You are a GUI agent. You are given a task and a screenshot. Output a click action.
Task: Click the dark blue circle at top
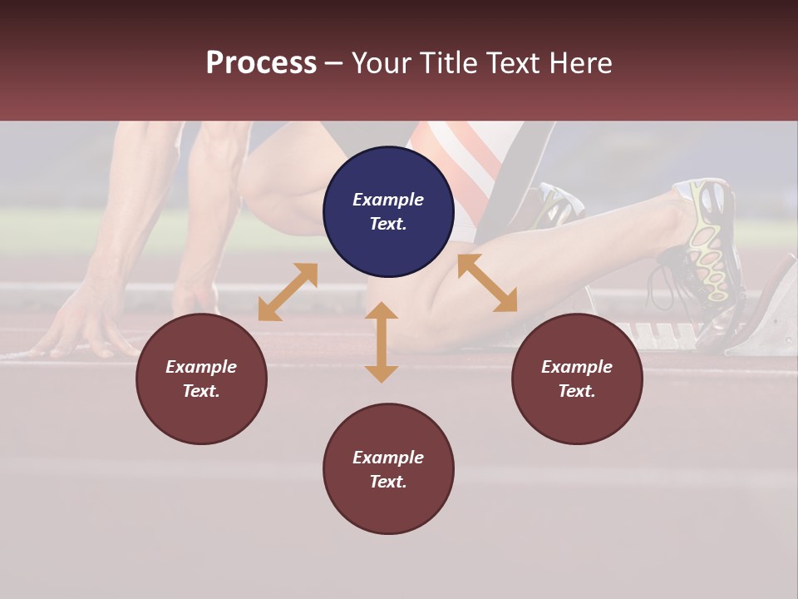(388, 211)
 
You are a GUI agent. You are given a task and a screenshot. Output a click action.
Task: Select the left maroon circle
(201, 379)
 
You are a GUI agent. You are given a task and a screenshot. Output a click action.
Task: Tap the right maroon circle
(577, 379)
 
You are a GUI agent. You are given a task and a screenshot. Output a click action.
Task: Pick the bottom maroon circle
(388, 468)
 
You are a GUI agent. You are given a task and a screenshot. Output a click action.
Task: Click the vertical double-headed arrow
(382, 342)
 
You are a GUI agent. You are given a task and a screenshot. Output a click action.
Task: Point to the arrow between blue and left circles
(288, 292)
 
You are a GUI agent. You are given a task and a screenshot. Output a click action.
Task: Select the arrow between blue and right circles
(487, 283)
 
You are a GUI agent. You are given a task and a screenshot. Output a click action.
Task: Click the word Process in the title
(261, 62)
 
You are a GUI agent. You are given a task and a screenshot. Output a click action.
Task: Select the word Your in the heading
(383, 62)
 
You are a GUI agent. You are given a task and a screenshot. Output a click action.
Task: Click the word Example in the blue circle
(388, 200)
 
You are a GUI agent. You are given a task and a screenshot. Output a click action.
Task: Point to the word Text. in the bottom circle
(388, 482)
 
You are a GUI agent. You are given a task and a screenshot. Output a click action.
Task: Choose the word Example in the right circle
(577, 367)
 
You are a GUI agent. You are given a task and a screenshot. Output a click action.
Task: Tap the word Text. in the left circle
(201, 391)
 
